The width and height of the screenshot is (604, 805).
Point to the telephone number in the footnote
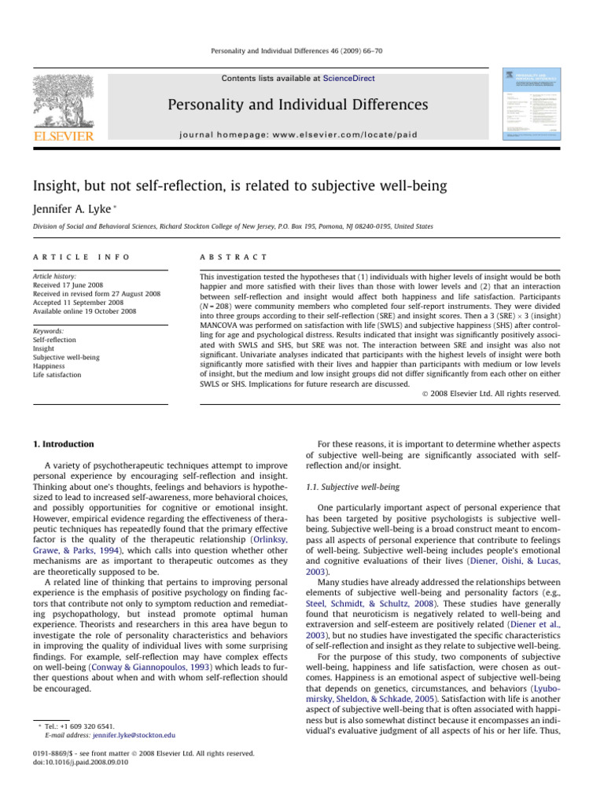pyautogui.click(x=86, y=726)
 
